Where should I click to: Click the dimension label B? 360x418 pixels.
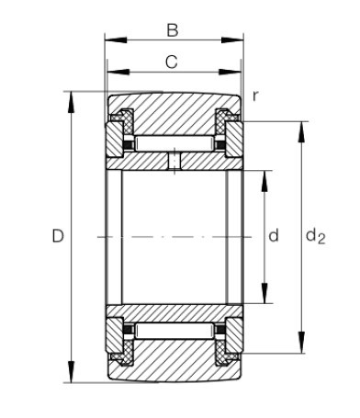click(173, 30)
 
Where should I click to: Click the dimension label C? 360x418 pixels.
click(172, 62)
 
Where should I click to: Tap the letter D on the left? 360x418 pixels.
click(58, 236)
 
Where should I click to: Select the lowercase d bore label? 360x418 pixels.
click(274, 235)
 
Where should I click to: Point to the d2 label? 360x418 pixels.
click(316, 236)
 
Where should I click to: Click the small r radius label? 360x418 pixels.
click(255, 96)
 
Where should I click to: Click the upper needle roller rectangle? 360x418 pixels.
click(174, 143)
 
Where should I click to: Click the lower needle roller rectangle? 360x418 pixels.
click(174, 331)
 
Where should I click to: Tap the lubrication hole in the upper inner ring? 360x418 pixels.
click(174, 161)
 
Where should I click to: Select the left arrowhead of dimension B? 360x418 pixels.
click(116, 40)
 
